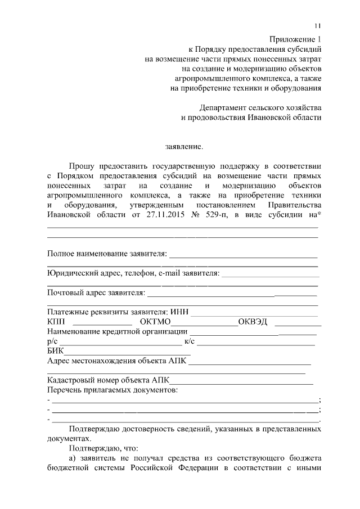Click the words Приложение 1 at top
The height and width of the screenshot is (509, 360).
295,40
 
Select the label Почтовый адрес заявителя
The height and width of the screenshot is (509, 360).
96,292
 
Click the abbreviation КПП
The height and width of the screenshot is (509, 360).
57,322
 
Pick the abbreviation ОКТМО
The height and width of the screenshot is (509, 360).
155,322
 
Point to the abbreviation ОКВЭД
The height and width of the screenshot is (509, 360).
253,322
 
